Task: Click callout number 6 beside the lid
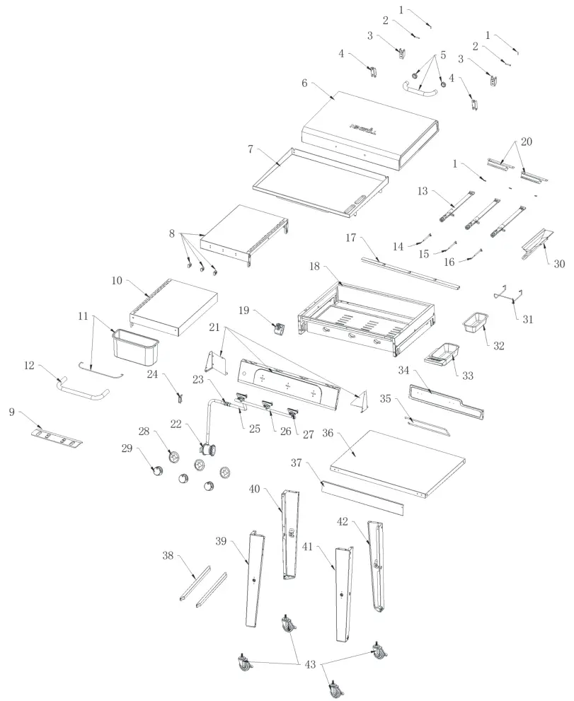(304, 83)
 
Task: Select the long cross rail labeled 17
(410, 272)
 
